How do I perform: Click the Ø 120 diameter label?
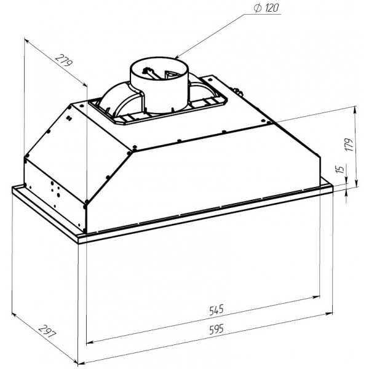pyautogui.click(x=266, y=8)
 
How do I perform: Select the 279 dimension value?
pyautogui.click(x=64, y=60)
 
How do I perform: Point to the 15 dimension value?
pyautogui.click(x=340, y=169)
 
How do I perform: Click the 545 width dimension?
pyautogui.click(x=216, y=310)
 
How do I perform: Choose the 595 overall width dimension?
pyautogui.click(x=216, y=329)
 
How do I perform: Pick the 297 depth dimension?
pyautogui.click(x=47, y=331)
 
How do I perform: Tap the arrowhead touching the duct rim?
pyautogui.click(x=178, y=57)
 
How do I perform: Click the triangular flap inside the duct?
pyautogui.click(x=172, y=75)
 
